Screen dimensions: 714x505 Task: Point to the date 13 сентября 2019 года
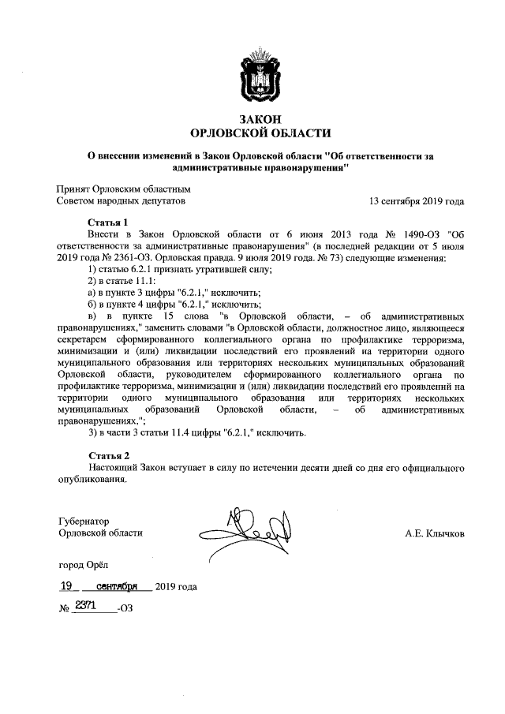[417, 201]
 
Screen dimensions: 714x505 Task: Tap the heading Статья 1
[109, 222]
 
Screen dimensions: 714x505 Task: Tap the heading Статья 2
[109, 455]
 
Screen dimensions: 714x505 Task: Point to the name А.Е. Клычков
[432, 533]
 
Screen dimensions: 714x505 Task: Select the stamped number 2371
[86, 604]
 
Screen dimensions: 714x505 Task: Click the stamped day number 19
[72, 585]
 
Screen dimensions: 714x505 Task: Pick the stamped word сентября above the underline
[118, 585]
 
